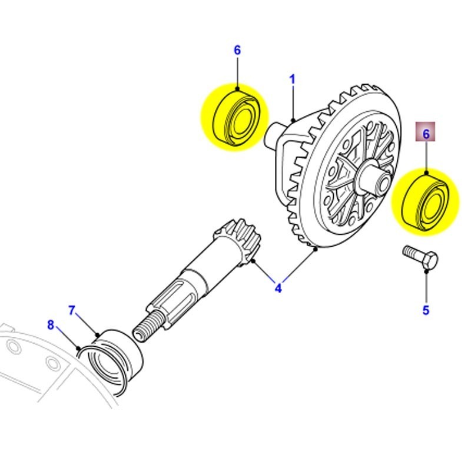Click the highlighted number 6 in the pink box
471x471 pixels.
(426, 134)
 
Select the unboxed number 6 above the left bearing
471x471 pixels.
(237, 51)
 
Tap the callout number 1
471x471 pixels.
(292, 79)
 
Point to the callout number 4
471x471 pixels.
(278, 288)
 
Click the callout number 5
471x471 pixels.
(426, 310)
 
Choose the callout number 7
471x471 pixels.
(72, 310)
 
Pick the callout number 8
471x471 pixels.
(51, 324)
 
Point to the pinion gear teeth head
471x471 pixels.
(241, 241)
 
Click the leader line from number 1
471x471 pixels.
(293, 104)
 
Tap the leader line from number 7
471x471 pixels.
(86, 323)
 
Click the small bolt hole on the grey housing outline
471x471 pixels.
(15, 347)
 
